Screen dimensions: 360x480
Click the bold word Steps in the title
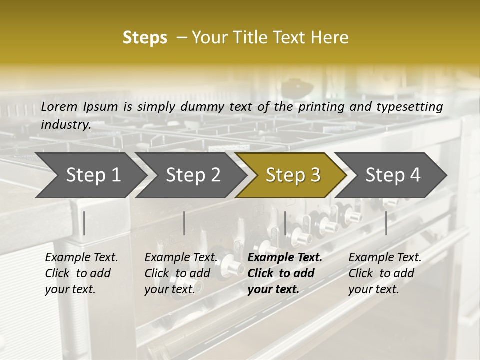[x=145, y=38]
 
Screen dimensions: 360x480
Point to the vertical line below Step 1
[x=84, y=223]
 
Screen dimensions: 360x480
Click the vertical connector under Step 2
[x=184, y=223]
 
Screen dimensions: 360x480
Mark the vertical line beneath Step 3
[x=285, y=223]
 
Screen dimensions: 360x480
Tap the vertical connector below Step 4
[x=386, y=223]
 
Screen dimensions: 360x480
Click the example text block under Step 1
[x=81, y=273]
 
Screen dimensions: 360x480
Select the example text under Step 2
[x=180, y=273]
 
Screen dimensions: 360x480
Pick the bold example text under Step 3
[x=284, y=273]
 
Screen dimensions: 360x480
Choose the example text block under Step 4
[x=384, y=273]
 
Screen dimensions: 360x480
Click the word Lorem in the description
[x=59, y=106]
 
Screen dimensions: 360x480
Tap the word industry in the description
[x=65, y=124]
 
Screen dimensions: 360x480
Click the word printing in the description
[x=322, y=106]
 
